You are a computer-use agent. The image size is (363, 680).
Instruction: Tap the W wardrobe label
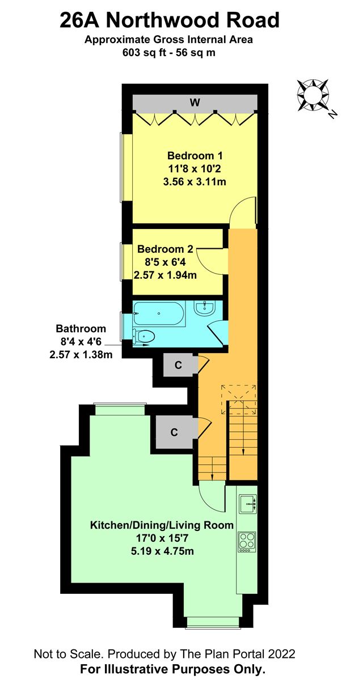195,103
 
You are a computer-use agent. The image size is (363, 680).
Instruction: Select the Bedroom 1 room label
195,156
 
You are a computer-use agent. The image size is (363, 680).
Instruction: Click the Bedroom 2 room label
166,249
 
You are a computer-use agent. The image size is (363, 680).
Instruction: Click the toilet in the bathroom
142,336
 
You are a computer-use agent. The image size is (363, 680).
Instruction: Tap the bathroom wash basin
204,308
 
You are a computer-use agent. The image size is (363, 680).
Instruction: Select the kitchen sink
247,503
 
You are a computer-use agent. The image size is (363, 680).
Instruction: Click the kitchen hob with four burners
247,541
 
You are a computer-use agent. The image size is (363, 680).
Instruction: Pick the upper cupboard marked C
178,365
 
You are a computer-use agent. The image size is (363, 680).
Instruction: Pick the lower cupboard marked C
175,432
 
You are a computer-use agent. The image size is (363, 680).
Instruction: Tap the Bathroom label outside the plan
81,329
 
